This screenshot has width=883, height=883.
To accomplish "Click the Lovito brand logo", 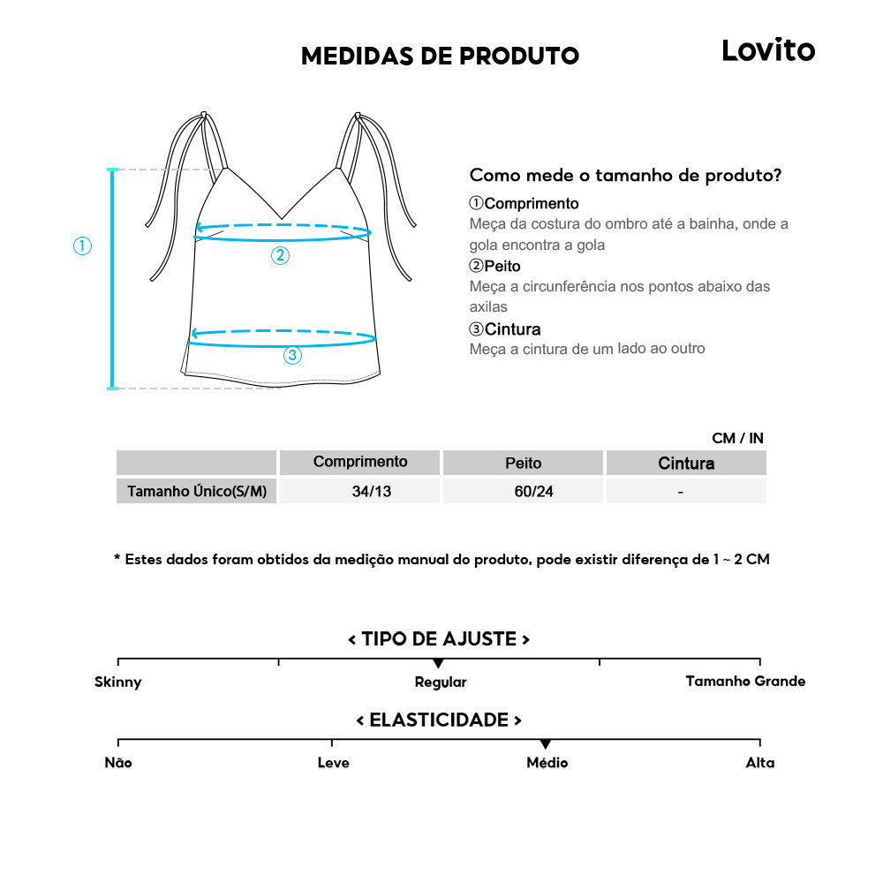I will (768, 50).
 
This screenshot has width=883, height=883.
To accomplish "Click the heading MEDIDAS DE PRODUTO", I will (440, 57).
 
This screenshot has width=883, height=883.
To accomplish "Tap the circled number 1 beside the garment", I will (82, 246).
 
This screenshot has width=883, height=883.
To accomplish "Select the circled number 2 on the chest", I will (280, 256).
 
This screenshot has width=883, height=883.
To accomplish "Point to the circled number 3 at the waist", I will (292, 356).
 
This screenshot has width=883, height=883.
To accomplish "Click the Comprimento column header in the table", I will (360, 462).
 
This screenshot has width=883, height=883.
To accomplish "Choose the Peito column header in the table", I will (523, 463).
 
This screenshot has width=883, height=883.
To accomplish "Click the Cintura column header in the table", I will (686, 463).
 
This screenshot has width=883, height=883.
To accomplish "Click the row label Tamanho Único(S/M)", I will (197, 491).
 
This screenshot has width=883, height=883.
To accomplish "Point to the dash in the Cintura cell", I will (680, 491).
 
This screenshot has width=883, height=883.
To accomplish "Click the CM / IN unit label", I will (737, 438).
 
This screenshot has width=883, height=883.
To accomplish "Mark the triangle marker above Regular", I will (438, 663).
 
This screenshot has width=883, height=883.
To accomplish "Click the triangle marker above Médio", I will (546, 744).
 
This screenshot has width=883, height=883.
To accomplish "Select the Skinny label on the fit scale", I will (117, 682).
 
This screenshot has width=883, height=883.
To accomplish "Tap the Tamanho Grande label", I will (745, 681).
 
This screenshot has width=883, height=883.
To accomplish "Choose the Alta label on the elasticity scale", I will (759, 763).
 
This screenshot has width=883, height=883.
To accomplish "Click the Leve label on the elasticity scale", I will (333, 763).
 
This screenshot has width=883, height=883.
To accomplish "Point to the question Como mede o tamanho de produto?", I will (625, 175).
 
